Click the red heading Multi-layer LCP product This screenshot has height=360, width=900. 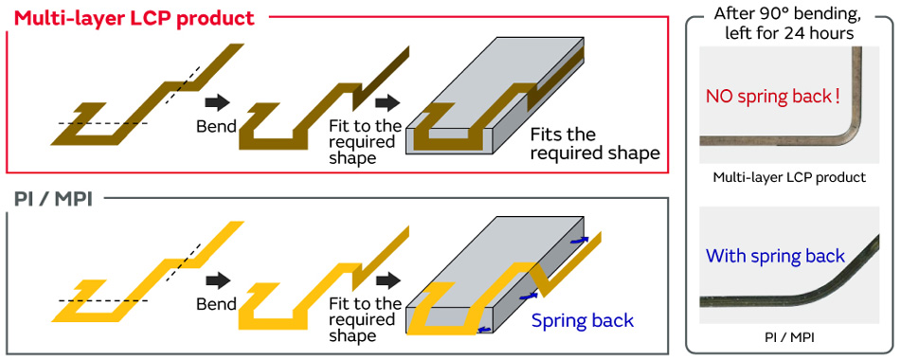click(x=135, y=17)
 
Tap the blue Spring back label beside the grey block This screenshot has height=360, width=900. click(x=582, y=320)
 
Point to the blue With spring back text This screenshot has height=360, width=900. click(x=776, y=255)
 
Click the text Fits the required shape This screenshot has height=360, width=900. click(x=595, y=145)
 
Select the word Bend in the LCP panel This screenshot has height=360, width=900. click(x=217, y=126)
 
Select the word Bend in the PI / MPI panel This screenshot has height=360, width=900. click(x=217, y=303)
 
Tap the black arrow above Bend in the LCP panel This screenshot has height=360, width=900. click(x=217, y=103)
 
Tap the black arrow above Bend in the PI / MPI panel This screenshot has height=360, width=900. click(x=217, y=280)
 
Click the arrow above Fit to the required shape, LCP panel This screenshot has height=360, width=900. click(x=388, y=103)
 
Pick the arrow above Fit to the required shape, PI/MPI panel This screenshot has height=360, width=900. click(x=388, y=280)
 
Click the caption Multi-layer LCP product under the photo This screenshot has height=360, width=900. click(x=789, y=177)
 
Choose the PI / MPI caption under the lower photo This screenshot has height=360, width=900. click(x=789, y=339)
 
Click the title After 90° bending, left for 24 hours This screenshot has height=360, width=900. click(x=789, y=23)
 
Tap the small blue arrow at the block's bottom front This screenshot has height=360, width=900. click(x=485, y=329)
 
